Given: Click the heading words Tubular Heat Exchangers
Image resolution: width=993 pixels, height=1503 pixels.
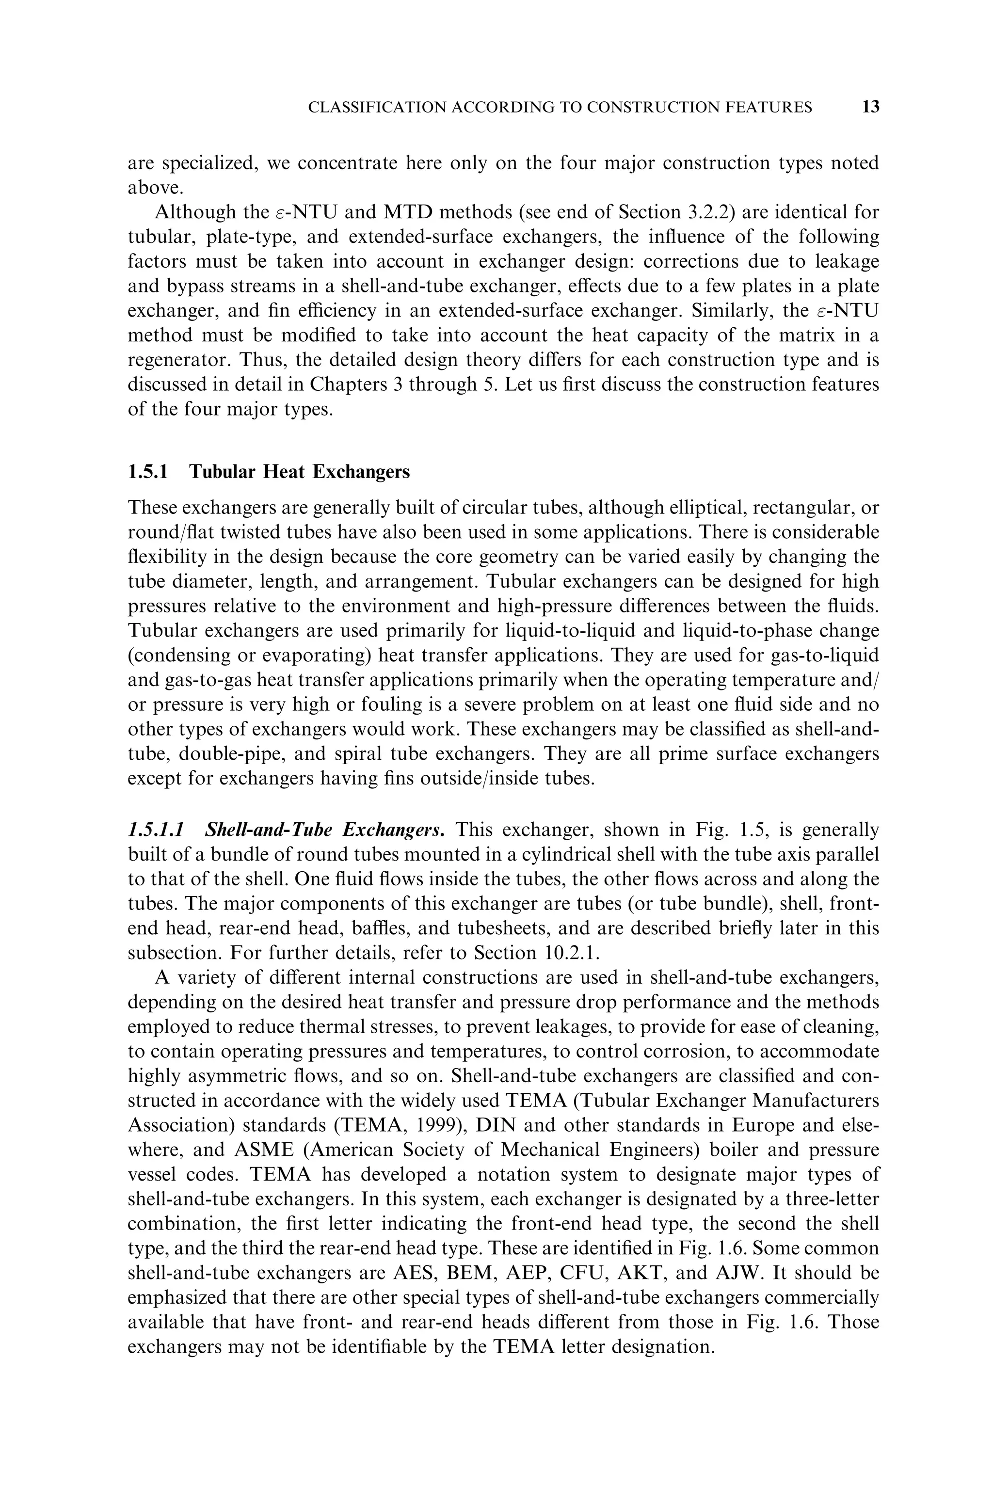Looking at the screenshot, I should pos(300,472).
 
